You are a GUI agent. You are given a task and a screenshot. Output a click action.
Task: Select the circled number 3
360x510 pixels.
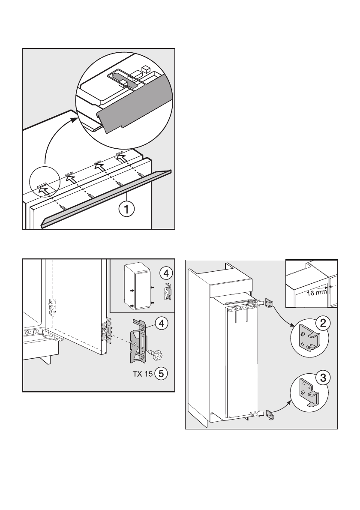(322, 378)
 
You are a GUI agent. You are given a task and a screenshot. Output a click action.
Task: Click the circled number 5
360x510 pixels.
(161, 373)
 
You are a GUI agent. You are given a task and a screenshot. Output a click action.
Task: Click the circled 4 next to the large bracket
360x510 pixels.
(161, 324)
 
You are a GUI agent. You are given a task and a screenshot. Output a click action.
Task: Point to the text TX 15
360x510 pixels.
(142, 373)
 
